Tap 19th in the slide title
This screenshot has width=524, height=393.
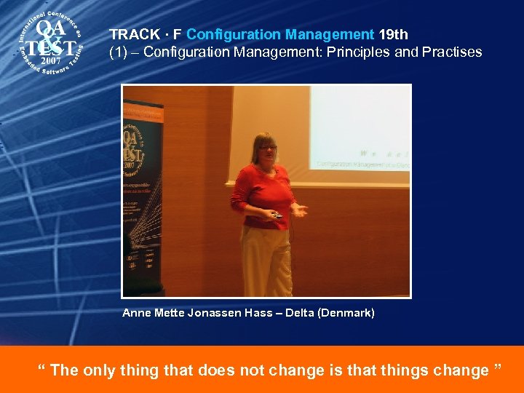click(x=393, y=34)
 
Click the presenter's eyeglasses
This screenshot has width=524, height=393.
click(x=267, y=148)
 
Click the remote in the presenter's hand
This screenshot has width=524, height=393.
click(x=277, y=215)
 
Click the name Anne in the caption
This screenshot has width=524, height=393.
click(x=137, y=313)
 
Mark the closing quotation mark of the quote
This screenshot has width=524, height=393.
click(x=498, y=367)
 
